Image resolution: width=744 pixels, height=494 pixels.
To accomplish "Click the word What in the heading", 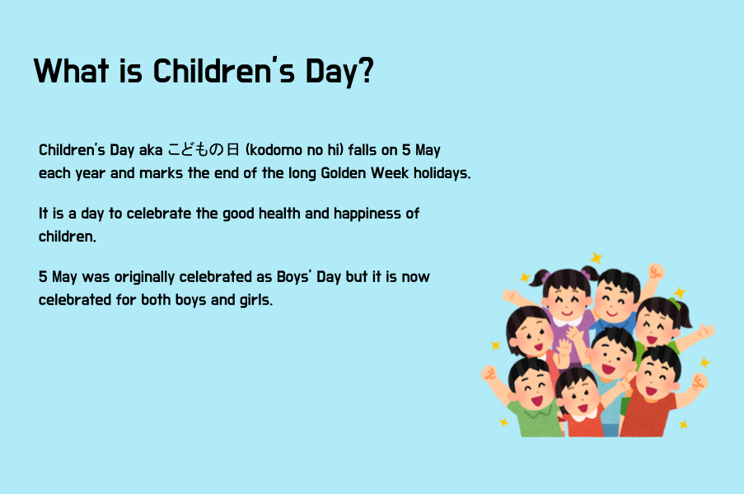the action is click(x=72, y=71).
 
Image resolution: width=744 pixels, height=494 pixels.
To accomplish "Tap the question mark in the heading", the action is click(x=364, y=70).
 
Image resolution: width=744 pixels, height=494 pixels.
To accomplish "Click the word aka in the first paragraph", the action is click(x=151, y=150).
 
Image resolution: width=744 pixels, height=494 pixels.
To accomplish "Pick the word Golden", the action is click(x=343, y=173).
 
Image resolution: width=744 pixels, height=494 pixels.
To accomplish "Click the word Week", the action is click(x=390, y=173).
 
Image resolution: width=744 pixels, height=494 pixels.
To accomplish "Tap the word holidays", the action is click(x=442, y=173).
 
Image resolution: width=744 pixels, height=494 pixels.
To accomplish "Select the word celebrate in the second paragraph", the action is click(x=158, y=214).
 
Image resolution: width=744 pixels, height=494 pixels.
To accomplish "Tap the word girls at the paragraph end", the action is click(x=256, y=300).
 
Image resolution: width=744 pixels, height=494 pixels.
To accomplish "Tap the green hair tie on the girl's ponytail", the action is click(x=674, y=303).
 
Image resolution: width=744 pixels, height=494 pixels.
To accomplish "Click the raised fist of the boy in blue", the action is click(x=656, y=271).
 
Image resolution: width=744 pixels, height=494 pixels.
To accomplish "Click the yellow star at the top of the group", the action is click(x=597, y=258).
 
